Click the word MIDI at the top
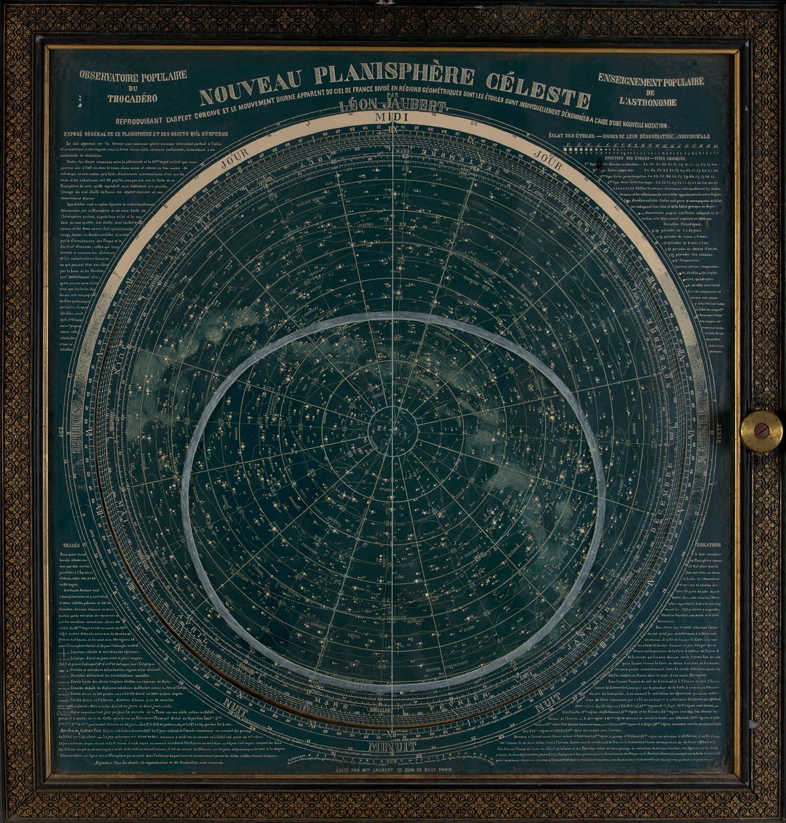[x=391, y=116]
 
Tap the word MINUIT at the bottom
[x=391, y=745]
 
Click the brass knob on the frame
[x=761, y=431]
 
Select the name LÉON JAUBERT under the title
[x=391, y=106]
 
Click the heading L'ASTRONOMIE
[x=650, y=102]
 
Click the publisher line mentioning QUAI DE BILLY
[x=392, y=770]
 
